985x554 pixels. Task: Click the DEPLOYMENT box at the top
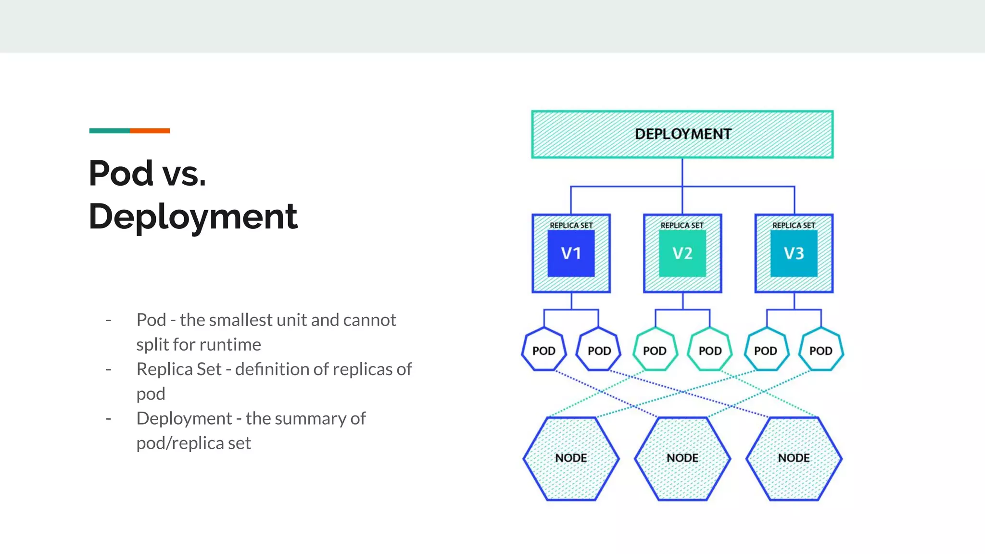click(682, 134)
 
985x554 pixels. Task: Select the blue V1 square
click(571, 253)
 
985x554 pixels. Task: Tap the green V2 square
click(682, 253)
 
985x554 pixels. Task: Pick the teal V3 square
click(794, 253)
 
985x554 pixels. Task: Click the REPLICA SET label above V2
click(682, 225)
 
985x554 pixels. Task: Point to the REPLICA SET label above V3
click(794, 225)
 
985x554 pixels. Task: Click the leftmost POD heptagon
click(543, 350)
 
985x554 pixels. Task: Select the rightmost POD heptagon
click(821, 350)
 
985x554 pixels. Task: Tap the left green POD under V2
click(655, 350)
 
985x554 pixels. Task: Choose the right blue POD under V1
click(599, 350)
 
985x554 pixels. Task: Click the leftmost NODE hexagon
click(571, 458)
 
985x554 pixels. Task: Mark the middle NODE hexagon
click(682, 458)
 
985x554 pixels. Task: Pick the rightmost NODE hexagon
click(794, 458)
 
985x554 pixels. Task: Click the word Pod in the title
click(121, 173)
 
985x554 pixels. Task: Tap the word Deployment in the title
click(193, 217)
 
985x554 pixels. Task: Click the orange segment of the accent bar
click(150, 131)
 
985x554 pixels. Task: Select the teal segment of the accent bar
click(109, 131)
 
